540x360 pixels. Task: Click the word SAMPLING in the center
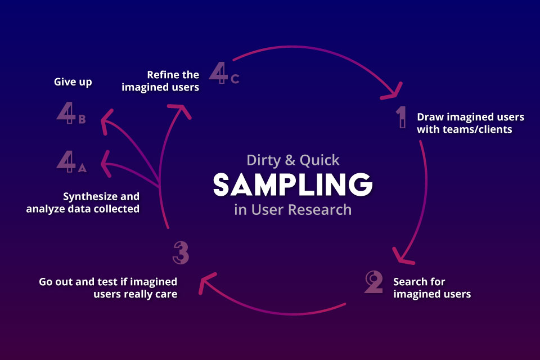click(x=292, y=184)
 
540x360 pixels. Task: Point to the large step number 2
click(x=374, y=282)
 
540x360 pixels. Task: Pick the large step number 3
click(x=181, y=253)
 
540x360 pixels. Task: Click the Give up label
click(x=73, y=82)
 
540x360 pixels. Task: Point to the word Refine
click(x=165, y=75)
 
